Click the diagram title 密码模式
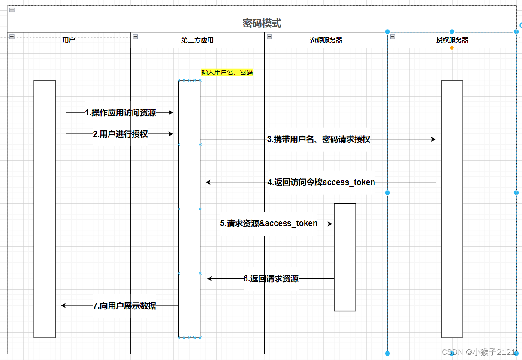click(x=262, y=23)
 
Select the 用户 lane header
click(x=69, y=40)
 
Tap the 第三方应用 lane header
click(x=197, y=40)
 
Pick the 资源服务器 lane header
click(x=326, y=40)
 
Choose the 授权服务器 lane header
click(x=452, y=40)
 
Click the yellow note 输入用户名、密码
click(x=227, y=73)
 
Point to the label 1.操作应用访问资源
click(x=120, y=113)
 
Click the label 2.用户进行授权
click(x=120, y=134)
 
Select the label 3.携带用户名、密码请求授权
click(x=318, y=139)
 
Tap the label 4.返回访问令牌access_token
click(x=321, y=182)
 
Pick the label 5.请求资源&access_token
click(x=269, y=224)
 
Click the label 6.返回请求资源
click(x=271, y=279)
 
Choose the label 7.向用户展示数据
click(x=124, y=306)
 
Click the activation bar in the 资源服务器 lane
click(x=345, y=257)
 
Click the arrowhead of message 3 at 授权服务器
click(x=434, y=139)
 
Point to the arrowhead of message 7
click(x=63, y=306)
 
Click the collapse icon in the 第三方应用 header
click(x=135, y=37)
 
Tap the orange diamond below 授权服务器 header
click(x=452, y=48)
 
